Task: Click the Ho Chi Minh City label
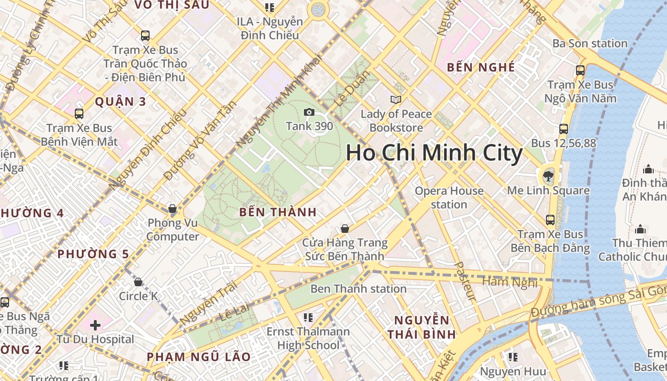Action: tap(434, 153)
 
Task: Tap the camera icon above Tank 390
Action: tap(309, 112)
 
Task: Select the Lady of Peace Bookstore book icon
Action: tap(395, 100)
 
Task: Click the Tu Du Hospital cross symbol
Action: tap(95, 325)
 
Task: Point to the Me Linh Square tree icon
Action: tap(548, 176)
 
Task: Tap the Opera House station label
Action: tap(449, 198)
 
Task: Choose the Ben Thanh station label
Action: tap(358, 289)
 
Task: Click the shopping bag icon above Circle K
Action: tap(138, 282)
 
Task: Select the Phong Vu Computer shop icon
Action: tap(172, 209)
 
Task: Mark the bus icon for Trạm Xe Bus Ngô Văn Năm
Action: tap(580, 70)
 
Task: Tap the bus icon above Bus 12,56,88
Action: tap(564, 129)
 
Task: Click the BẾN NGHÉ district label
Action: tap(481, 68)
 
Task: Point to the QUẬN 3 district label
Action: tap(121, 101)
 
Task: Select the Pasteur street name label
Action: tap(465, 281)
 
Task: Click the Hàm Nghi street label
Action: tap(510, 282)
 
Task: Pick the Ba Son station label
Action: tap(590, 43)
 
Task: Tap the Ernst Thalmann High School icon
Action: tap(308, 317)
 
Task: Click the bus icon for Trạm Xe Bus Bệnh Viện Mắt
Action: tap(79, 114)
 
